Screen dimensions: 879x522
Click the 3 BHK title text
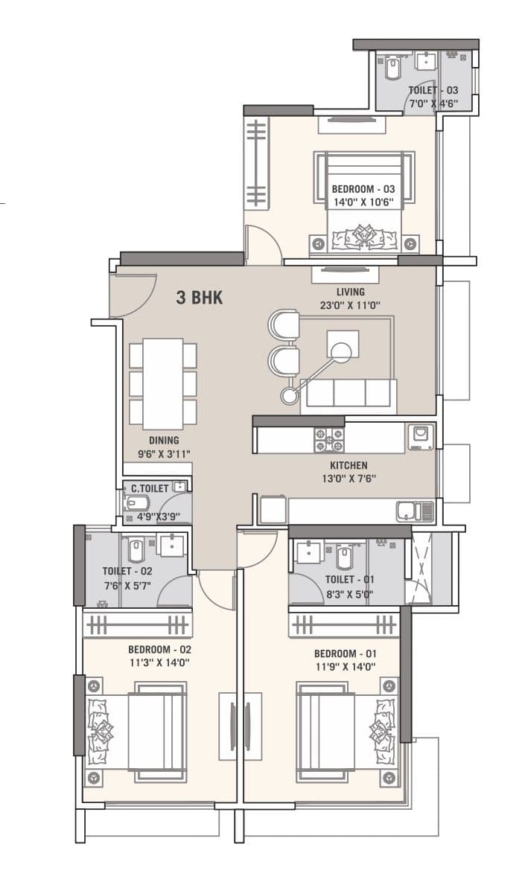[199, 298]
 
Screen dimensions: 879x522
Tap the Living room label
[350, 292]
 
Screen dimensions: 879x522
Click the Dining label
[163, 440]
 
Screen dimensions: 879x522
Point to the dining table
[163, 383]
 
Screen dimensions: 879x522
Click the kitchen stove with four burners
[328, 438]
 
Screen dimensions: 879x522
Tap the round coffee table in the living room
[342, 351]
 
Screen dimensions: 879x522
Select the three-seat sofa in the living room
[348, 394]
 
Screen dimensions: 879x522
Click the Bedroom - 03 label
[363, 189]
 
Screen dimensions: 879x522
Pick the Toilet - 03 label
[433, 91]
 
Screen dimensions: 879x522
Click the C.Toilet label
[150, 489]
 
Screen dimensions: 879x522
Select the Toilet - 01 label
[349, 580]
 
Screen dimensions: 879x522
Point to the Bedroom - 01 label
[344, 653]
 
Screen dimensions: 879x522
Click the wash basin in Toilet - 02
[171, 544]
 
